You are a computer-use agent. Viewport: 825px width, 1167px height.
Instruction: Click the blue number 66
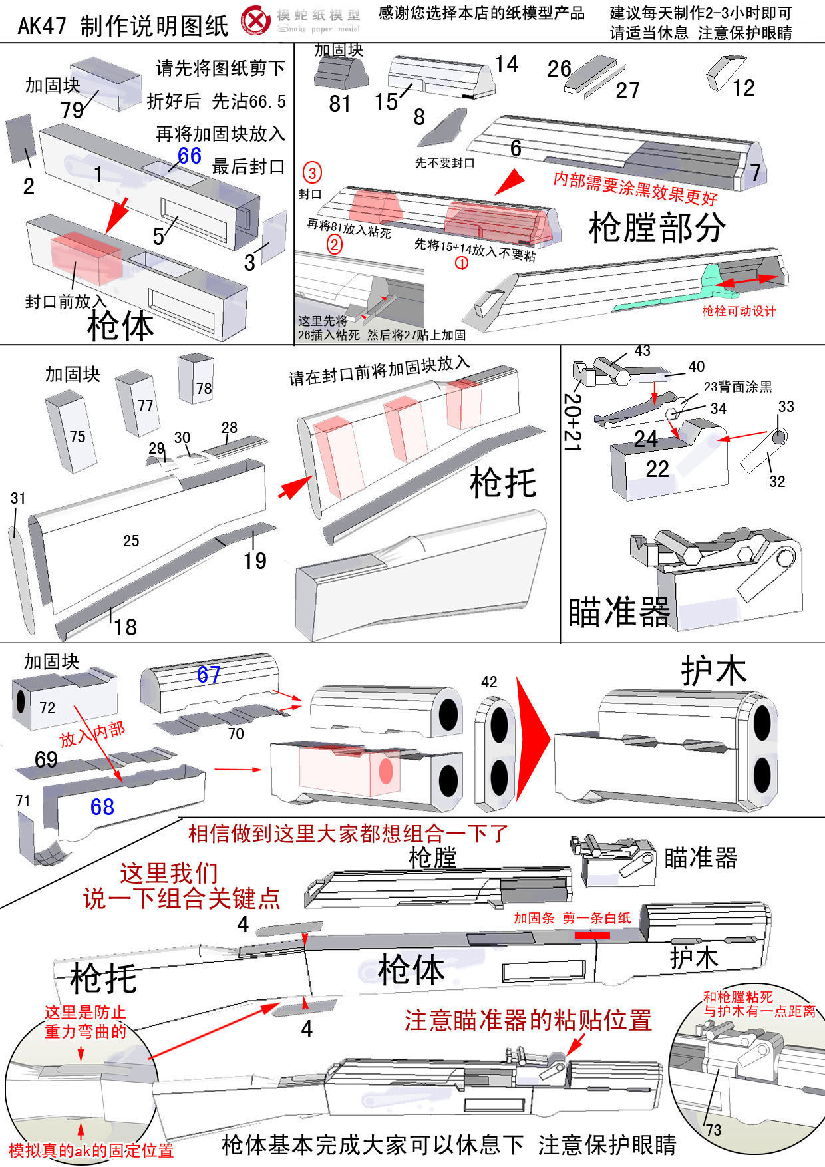coord(189,156)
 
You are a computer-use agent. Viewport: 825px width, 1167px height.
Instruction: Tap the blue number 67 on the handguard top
coord(208,675)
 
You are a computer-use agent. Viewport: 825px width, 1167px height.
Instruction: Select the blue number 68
coord(102,807)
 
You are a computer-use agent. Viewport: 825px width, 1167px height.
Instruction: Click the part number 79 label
coord(72,109)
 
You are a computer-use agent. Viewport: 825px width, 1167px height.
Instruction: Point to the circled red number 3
coord(312,173)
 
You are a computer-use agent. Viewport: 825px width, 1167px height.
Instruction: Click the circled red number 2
coord(334,245)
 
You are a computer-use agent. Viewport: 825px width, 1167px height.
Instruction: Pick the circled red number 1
coord(461,263)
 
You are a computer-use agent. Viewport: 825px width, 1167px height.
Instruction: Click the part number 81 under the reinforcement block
coord(339,104)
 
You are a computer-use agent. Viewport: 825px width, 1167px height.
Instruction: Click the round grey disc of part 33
coord(779,436)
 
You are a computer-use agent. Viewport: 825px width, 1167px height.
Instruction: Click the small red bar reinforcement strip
coord(592,935)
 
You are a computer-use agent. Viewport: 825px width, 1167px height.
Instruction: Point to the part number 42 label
coord(489,682)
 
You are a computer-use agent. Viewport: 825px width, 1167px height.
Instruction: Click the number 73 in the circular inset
coord(714,1130)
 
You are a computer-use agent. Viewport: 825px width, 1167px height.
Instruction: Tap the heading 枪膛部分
coord(657,228)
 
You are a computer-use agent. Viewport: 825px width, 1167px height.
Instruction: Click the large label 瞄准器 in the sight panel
coord(618,613)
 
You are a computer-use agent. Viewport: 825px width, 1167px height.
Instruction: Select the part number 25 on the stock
coord(131,541)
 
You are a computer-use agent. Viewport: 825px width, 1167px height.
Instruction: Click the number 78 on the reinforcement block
coord(204,388)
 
